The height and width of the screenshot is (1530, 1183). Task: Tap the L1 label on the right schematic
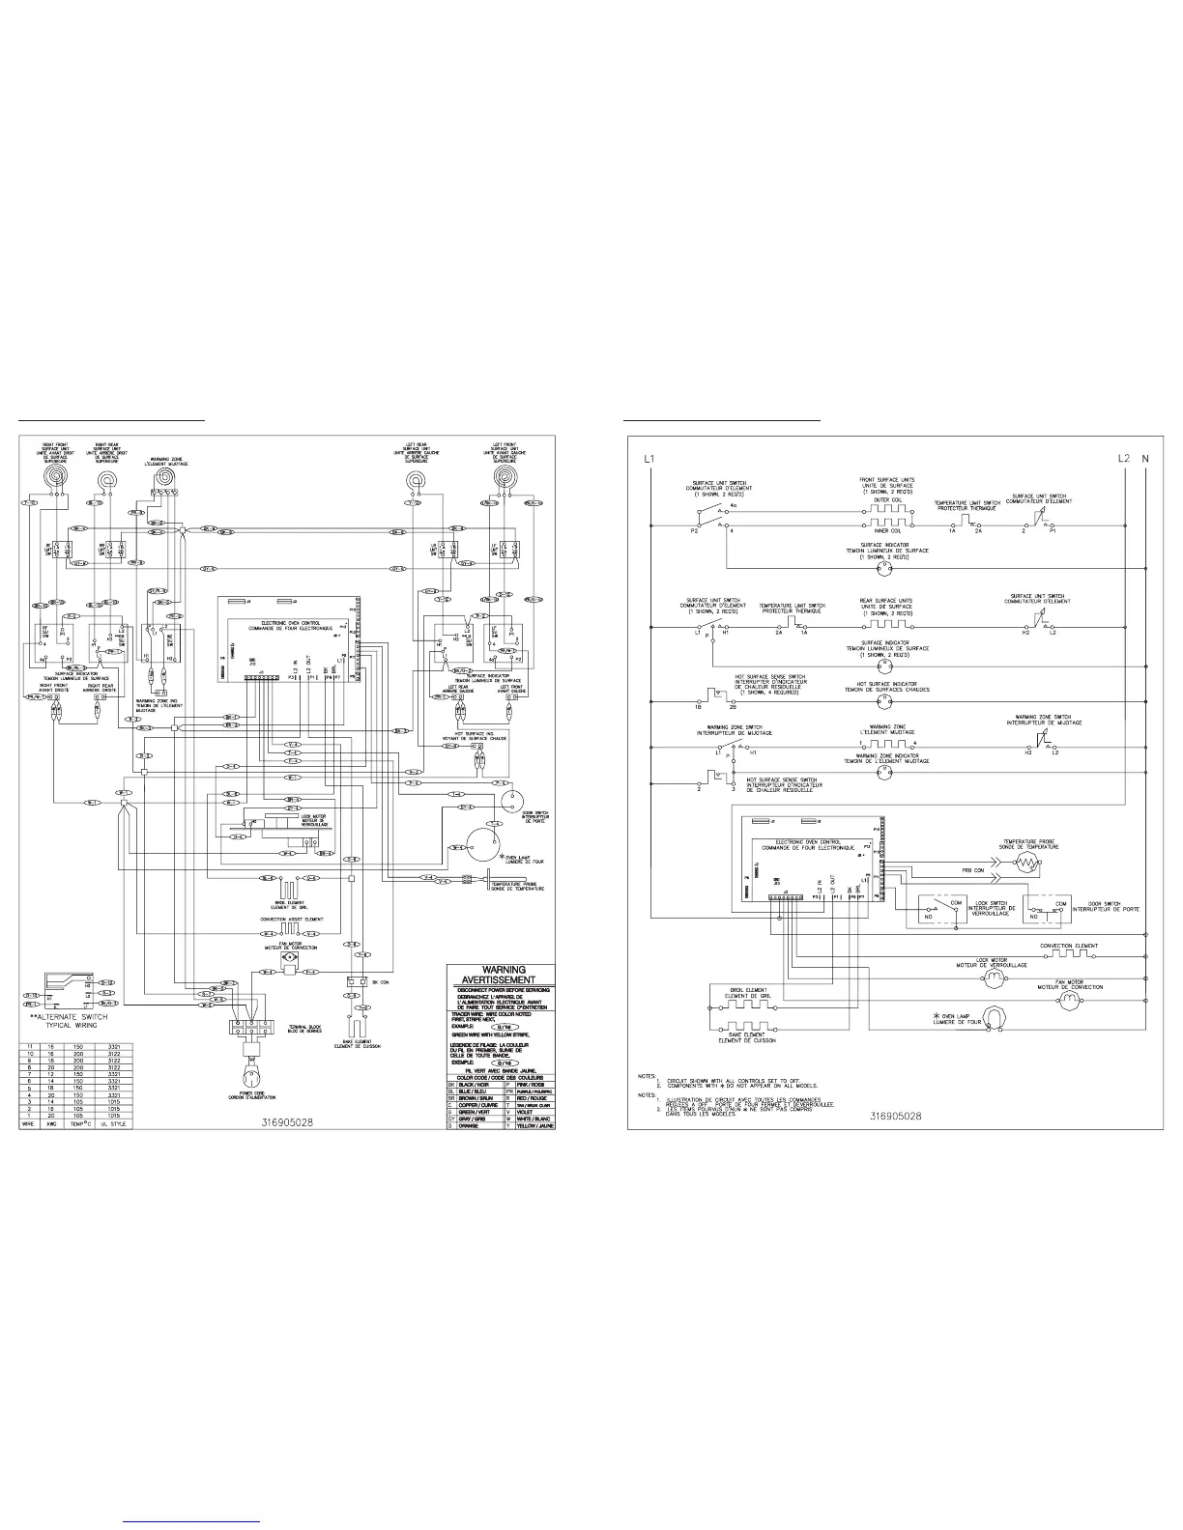(649, 458)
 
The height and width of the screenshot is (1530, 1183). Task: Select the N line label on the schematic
(1146, 458)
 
